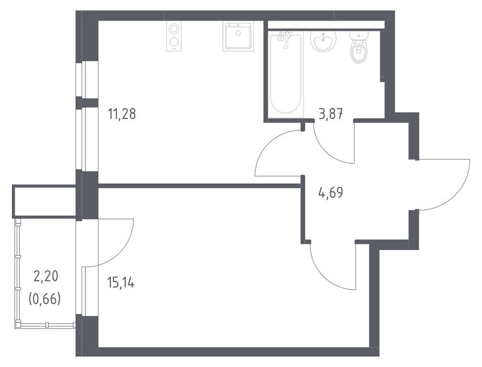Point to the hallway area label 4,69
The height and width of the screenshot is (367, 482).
(x=331, y=193)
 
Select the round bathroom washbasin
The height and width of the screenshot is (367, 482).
(x=323, y=41)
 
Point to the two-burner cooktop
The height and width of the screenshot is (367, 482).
(x=174, y=36)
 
